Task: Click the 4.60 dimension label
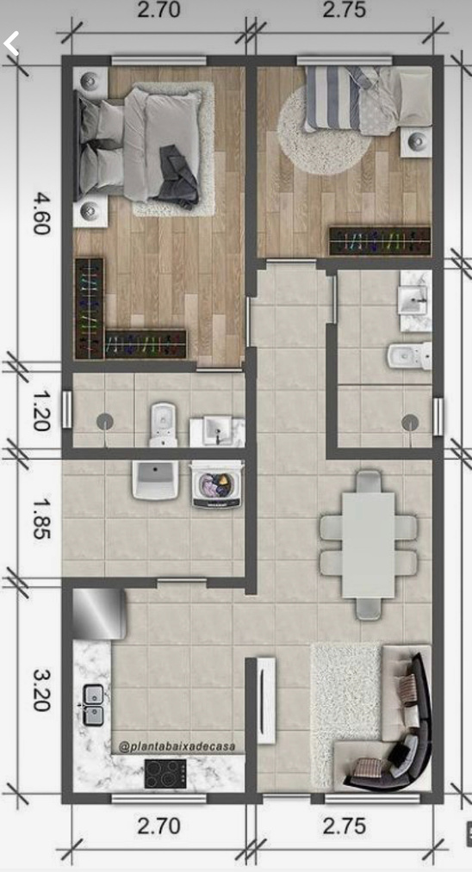click(x=41, y=214)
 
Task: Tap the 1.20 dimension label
click(x=41, y=411)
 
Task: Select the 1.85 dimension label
click(x=41, y=517)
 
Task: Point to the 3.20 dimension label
click(x=41, y=690)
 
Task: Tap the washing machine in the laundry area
click(x=218, y=484)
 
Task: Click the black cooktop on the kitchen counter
click(x=165, y=774)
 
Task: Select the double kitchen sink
click(x=93, y=705)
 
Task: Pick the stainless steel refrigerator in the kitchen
click(x=98, y=614)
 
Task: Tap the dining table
click(x=369, y=545)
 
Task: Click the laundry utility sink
click(x=155, y=479)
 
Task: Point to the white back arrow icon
click(x=11, y=43)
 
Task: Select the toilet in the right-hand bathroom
click(x=410, y=356)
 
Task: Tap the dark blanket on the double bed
click(x=177, y=176)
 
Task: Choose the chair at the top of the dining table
click(x=369, y=481)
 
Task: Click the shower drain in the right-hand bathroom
click(x=411, y=423)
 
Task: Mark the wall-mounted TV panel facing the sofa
click(x=267, y=700)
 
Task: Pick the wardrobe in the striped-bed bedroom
click(x=380, y=241)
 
